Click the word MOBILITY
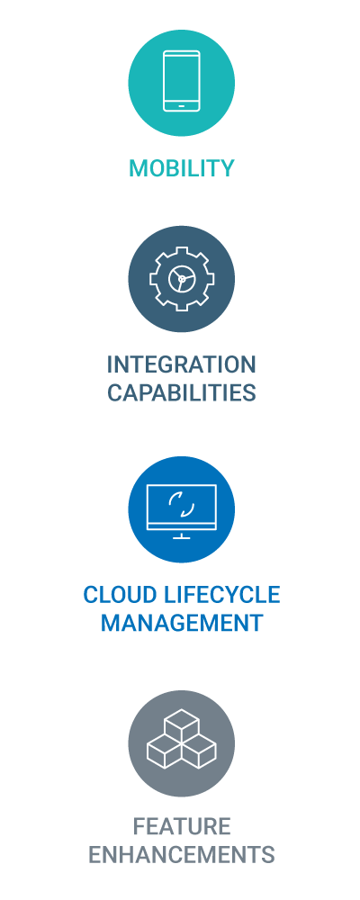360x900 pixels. click(x=182, y=168)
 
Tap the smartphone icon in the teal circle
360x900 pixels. click(x=182, y=81)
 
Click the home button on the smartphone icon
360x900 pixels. click(x=182, y=105)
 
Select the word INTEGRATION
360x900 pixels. click(x=182, y=364)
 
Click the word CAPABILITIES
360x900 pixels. click(x=182, y=392)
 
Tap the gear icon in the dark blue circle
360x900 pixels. click(x=182, y=278)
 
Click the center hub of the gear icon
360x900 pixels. click(x=182, y=279)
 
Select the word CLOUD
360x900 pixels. click(x=119, y=595)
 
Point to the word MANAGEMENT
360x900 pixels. click(x=182, y=623)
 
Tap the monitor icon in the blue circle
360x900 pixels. click(x=182, y=511)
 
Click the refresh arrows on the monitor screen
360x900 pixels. click(x=182, y=504)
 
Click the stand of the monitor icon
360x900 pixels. click(x=182, y=535)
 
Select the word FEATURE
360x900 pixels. click(x=182, y=826)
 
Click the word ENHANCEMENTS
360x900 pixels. click(x=182, y=855)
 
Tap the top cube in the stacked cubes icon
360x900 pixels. click(x=182, y=724)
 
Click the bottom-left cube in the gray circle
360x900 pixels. click(x=164, y=752)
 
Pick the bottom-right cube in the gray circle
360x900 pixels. click(x=199, y=752)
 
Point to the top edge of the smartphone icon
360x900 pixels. click(x=182, y=51)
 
